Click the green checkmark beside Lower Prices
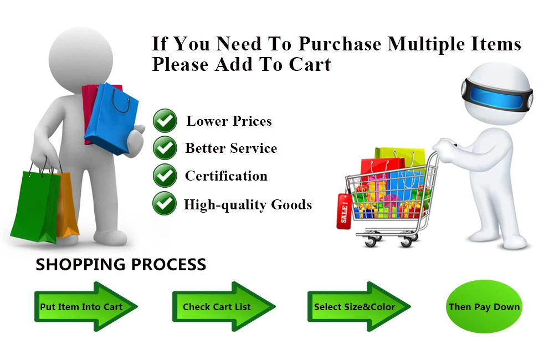point(165,120)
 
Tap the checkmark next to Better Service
point(165,148)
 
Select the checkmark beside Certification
point(165,176)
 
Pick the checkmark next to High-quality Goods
point(165,204)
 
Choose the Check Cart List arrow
point(222,307)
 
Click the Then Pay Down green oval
point(484,307)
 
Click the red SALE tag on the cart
point(344,211)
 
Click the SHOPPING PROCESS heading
point(121,265)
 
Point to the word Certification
point(226,176)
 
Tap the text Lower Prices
point(229,121)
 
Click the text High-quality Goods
point(248,205)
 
